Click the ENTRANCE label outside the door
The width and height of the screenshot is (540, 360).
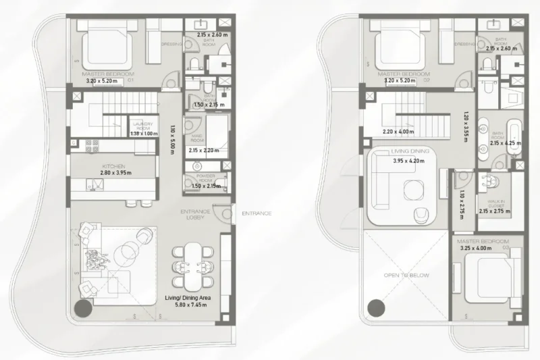click(258, 213)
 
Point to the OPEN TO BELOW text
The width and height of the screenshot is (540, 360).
click(406, 276)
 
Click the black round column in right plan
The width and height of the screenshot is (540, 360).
click(375, 309)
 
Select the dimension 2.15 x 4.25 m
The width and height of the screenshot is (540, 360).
click(498, 143)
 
